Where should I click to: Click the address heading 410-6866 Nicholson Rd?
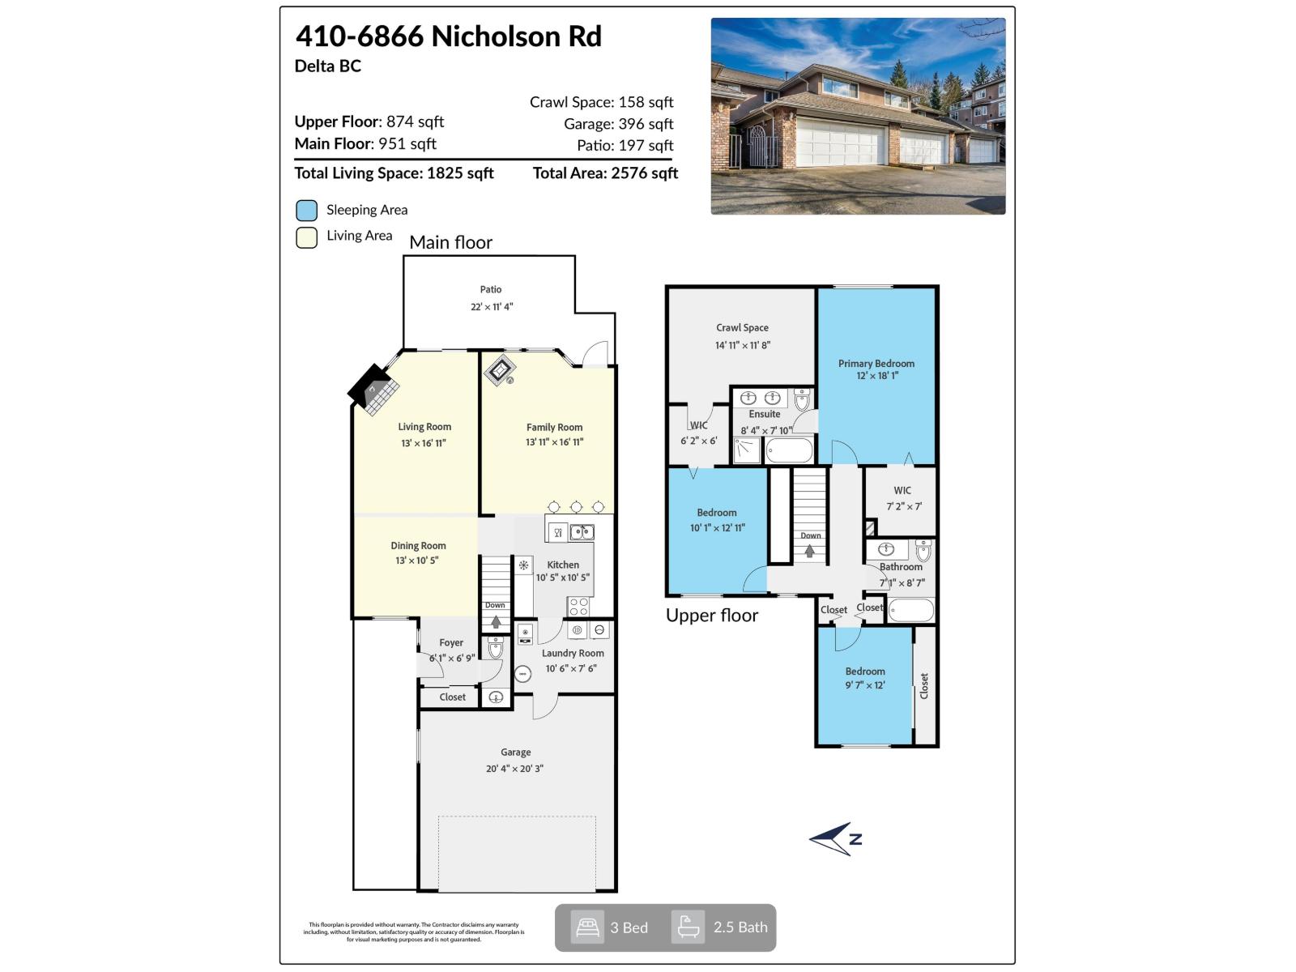[448, 36]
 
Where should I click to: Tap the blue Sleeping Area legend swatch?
[306, 211]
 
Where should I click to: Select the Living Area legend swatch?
[306, 237]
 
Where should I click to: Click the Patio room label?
[490, 289]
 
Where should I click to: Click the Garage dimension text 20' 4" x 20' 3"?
[514, 769]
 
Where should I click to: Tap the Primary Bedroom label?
[876, 364]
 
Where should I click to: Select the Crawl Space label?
[742, 328]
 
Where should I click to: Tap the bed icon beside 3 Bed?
[587, 927]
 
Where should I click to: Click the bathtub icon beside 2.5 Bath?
[688, 927]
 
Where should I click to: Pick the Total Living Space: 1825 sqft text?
[394, 173]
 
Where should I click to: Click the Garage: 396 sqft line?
[618, 124]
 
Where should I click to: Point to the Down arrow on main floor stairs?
[495, 621]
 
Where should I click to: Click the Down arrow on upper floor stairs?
[810, 551]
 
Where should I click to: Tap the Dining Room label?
[418, 546]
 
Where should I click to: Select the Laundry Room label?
[572, 653]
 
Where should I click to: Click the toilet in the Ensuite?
[802, 399]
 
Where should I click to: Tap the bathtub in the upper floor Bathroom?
[911, 610]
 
